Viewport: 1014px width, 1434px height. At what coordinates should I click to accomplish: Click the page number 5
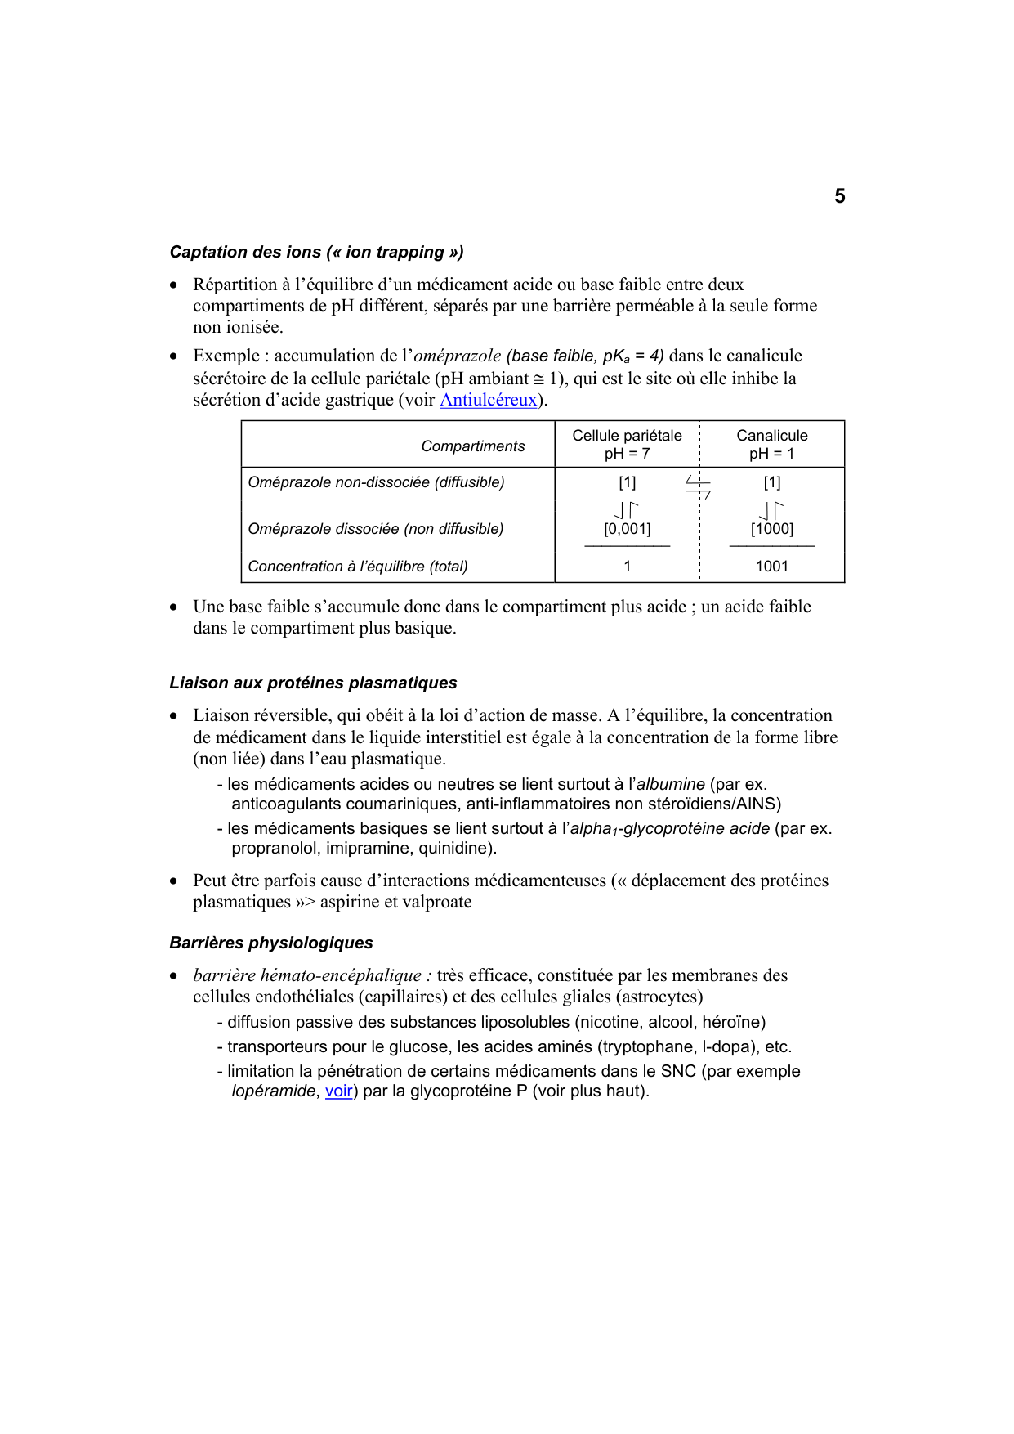coord(839,196)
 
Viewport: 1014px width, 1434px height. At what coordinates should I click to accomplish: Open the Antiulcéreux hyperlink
coord(488,400)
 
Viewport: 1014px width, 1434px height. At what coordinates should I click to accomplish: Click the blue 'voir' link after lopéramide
coord(338,1091)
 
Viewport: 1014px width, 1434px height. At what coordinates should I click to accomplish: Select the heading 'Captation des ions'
coord(316,252)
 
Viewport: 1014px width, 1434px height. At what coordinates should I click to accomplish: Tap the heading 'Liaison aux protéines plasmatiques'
coord(313,683)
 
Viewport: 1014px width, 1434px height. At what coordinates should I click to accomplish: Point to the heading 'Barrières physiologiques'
coord(271,943)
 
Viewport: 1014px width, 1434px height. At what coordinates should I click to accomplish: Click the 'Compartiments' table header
coord(472,446)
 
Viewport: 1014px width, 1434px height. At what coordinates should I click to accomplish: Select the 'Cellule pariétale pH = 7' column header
coord(627,444)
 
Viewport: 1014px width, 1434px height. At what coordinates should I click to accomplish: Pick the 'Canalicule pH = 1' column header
coord(771,444)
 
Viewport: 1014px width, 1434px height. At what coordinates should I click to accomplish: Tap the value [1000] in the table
coord(771,529)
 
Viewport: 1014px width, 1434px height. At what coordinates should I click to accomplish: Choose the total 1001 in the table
coord(771,566)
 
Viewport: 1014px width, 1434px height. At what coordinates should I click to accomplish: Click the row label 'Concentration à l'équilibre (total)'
coord(358,566)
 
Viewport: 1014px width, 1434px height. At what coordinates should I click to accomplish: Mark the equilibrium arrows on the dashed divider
coord(698,487)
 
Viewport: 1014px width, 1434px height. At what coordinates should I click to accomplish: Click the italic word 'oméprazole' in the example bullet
coord(458,356)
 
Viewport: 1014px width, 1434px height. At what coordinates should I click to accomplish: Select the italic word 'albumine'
coord(670,784)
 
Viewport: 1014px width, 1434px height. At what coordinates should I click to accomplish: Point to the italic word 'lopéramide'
coord(273,1091)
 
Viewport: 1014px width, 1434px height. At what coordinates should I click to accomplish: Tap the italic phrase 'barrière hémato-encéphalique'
coord(307,975)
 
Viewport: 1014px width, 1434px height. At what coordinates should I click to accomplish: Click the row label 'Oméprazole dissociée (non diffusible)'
coord(375,529)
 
